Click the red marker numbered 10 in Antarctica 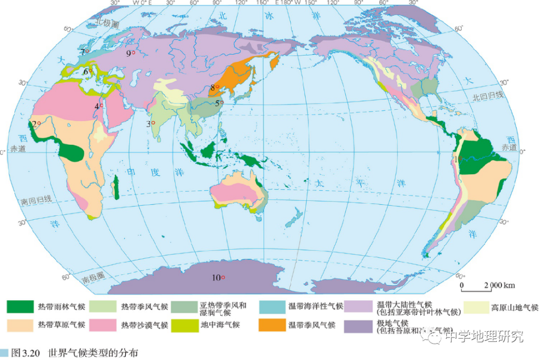coord(223,277)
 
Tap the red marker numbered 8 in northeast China coord(218,87)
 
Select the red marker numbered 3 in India coord(153,123)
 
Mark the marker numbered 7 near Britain coord(87,52)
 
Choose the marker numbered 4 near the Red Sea coord(102,106)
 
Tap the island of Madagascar coord(117,187)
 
